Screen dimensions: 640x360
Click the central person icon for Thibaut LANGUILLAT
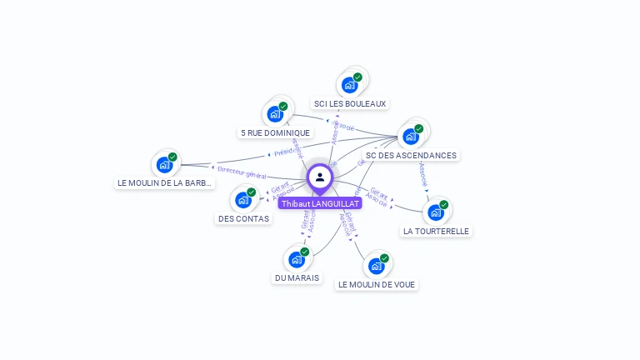tap(320, 177)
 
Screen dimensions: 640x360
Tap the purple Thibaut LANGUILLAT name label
tap(320, 203)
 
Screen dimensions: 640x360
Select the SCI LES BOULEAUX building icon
tap(349, 84)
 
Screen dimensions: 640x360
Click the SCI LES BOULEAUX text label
tap(350, 104)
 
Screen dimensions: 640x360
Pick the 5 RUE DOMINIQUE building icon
tap(275, 113)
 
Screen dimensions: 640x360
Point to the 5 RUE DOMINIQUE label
tap(275, 132)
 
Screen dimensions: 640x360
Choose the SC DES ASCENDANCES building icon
tap(411, 136)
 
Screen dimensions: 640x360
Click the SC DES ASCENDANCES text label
tap(411, 156)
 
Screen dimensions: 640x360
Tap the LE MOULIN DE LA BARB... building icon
tap(164, 164)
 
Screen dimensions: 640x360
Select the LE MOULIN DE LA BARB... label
tap(164, 183)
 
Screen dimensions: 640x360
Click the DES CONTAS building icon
tap(243, 199)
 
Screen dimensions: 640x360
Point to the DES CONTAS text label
tap(243, 219)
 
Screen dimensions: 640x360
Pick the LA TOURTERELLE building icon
tap(436, 212)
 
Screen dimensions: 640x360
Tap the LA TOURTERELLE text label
tap(436, 232)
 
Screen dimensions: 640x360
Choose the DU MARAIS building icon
tap(297, 259)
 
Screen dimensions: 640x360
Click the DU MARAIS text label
tap(297, 278)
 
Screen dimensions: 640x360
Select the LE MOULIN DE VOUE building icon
tap(377, 266)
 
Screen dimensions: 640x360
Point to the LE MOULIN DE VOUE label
tap(377, 285)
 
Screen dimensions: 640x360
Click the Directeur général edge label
tap(242, 172)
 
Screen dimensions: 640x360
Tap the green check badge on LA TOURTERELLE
tap(444, 204)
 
